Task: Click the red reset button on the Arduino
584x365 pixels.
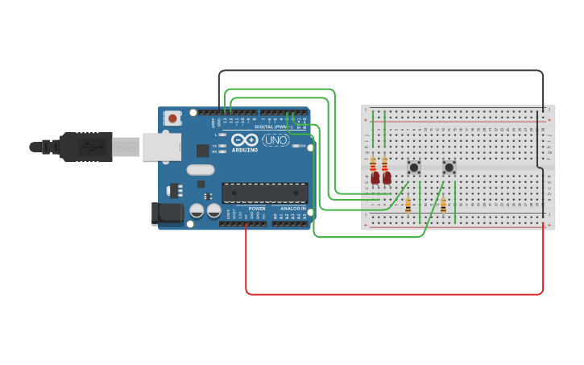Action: click(172, 118)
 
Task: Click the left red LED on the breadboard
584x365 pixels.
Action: click(375, 178)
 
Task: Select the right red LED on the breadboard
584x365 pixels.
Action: click(387, 177)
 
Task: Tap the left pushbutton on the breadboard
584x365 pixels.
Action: click(414, 167)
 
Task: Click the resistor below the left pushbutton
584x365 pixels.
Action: click(408, 205)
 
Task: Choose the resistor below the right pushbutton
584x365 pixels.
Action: click(443, 205)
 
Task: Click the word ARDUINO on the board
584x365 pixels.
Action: click(244, 150)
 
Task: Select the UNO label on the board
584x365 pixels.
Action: click(275, 140)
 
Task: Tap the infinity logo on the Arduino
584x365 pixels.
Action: click(245, 140)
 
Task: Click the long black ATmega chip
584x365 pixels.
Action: click(264, 193)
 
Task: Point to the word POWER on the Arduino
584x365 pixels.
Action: click(257, 208)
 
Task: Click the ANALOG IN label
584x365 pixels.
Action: click(292, 208)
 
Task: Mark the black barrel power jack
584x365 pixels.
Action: click(168, 214)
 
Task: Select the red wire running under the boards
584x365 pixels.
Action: click(395, 294)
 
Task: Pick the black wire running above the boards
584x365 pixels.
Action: click(379, 71)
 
